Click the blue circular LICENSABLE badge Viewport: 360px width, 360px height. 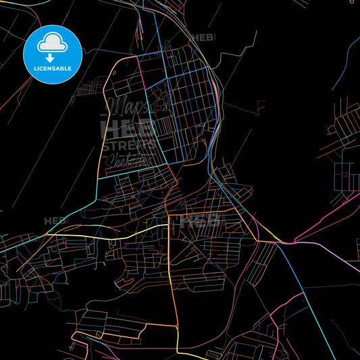(x=53, y=53)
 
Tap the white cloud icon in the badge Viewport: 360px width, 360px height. (x=53, y=43)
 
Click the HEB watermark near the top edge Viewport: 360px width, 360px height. (x=203, y=38)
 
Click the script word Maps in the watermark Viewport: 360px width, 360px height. (x=128, y=107)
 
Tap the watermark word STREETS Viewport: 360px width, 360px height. (x=128, y=144)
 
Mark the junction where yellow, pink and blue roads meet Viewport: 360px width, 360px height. (x=290, y=242)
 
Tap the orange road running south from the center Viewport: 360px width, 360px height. (x=174, y=284)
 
